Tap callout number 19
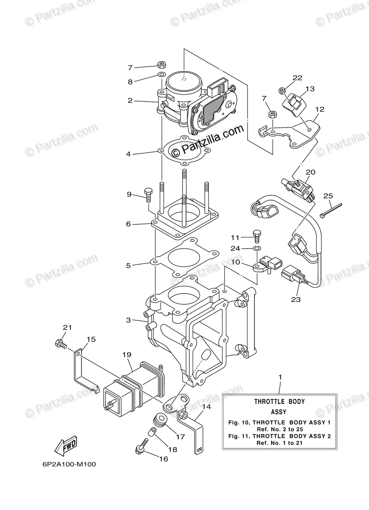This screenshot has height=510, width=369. tap(127, 354)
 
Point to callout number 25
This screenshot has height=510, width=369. tap(328, 195)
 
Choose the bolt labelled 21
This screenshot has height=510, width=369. tap(61, 343)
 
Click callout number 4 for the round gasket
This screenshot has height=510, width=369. tap(128, 154)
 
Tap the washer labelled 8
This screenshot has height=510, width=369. tap(161, 75)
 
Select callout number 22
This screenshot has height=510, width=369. tap(297, 78)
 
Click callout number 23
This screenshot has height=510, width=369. tap(296, 299)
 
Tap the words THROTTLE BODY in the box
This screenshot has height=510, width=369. tap(279, 401)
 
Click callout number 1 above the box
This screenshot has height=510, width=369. tap(280, 377)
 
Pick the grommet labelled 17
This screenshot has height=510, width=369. tap(161, 419)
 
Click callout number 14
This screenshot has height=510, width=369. tap(206, 407)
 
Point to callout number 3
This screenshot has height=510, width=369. tap(128, 320)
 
